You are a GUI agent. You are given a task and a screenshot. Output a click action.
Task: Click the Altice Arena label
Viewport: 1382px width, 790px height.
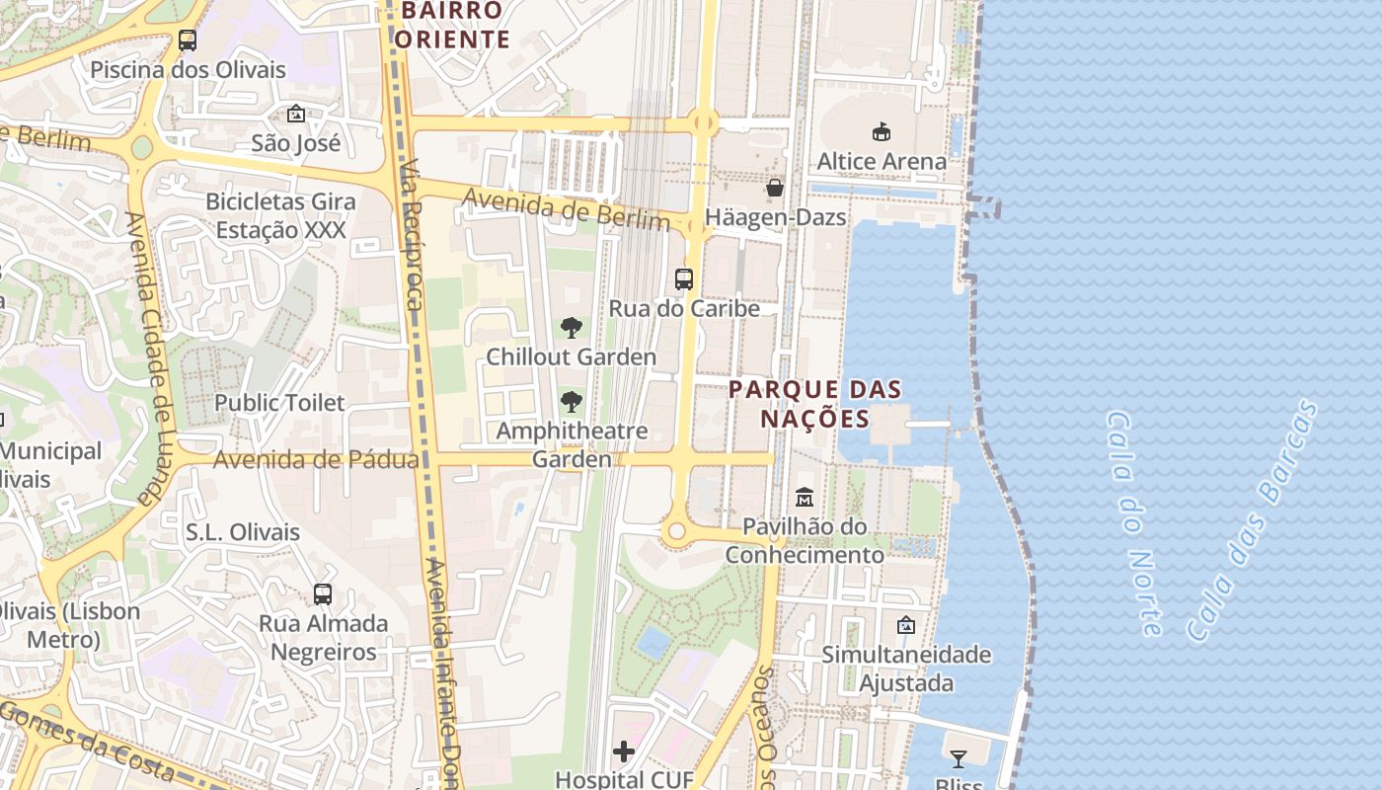click(882, 161)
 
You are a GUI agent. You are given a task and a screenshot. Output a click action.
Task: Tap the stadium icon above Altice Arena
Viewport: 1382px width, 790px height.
click(882, 131)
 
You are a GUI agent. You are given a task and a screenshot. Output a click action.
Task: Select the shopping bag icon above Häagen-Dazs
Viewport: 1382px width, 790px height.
click(776, 187)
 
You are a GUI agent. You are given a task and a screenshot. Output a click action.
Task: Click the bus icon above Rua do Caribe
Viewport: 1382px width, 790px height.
click(684, 278)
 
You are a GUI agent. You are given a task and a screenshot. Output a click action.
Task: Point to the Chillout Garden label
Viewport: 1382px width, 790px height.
click(571, 356)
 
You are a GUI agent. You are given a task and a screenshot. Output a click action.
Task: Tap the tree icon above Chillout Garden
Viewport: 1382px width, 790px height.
click(571, 328)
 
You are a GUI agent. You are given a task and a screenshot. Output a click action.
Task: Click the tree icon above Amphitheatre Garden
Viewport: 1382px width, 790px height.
click(571, 402)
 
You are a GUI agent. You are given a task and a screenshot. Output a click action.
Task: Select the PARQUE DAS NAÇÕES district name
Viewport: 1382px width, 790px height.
click(814, 404)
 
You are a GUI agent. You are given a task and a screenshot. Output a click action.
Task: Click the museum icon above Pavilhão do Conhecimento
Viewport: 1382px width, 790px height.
click(805, 497)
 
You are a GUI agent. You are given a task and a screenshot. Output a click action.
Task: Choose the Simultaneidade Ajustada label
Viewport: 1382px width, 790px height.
click(906, 669)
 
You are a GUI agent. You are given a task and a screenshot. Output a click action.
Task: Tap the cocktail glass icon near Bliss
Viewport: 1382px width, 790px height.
click(958, 758)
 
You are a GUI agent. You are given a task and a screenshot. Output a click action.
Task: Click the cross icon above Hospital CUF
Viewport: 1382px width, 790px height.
click(624, 751)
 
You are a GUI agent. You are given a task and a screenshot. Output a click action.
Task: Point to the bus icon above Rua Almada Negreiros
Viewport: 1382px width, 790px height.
click(323, 594)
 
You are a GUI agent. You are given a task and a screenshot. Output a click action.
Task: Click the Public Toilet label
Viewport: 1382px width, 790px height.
click(279, 403)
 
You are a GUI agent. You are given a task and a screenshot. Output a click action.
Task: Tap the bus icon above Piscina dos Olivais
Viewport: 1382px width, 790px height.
click(188, 40)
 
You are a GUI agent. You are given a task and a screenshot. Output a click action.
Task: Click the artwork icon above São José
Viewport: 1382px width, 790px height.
click(295, 114)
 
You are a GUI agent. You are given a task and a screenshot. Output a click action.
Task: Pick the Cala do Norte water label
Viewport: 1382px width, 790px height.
click(1133, 522)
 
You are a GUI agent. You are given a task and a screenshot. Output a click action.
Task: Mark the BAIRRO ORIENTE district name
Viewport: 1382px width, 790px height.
click(452, 26)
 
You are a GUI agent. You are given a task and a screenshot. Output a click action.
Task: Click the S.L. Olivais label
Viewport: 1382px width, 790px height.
click(243, 532)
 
